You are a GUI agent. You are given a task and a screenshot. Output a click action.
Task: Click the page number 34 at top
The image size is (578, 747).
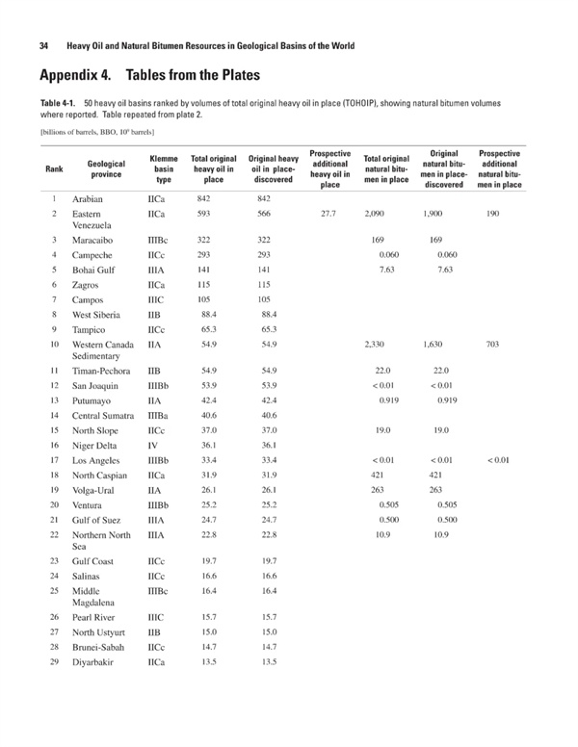(x=42, y=45)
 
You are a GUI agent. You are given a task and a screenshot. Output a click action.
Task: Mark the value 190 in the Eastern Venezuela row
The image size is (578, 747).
(x=491, y=213)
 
